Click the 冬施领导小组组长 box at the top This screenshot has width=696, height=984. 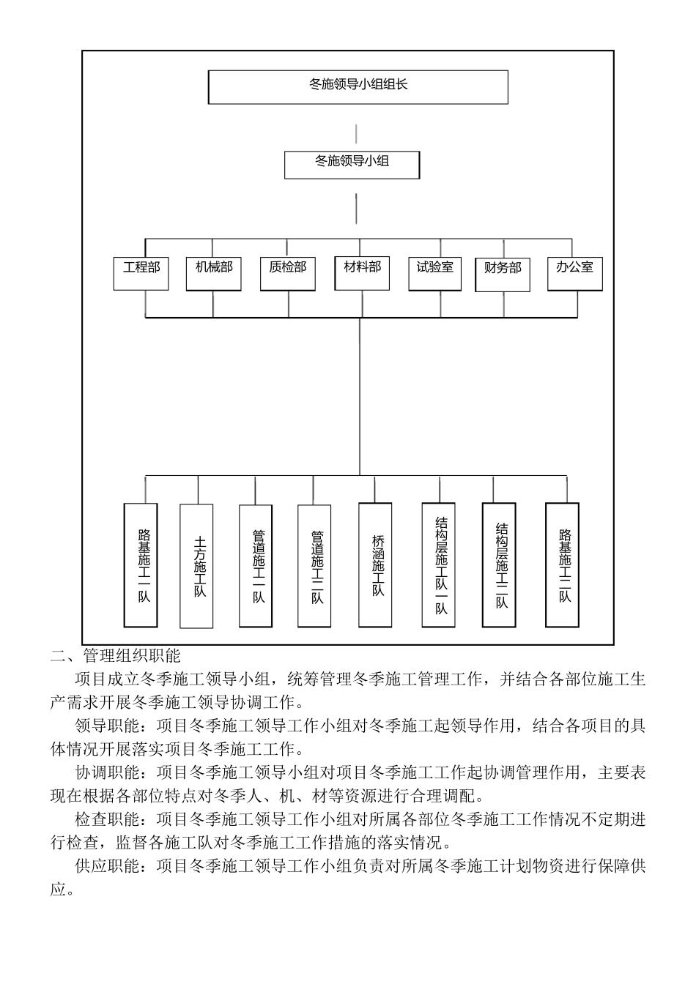tap(358, 86)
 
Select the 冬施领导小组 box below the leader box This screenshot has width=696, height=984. tap(352, 164)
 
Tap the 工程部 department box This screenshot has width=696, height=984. tap(141, 272)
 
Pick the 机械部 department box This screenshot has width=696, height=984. tap(213, 272)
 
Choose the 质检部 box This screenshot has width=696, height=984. tap(287, 272)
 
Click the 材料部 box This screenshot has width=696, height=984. tap(363, 272)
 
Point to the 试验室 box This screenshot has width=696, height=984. tap(435, 272)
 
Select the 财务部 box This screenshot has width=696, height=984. tap(503, 273)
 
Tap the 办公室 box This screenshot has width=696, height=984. tap(575, 272)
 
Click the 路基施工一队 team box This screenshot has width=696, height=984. tap(141, 564)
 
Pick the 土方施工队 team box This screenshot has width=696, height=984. tap(197, 565)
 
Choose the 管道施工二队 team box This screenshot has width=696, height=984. tap(315, 564)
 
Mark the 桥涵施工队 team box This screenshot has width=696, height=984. tap(376, 564)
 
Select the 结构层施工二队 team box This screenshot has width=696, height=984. tap(500, 564)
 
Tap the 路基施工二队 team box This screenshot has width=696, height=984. tap(563, 564)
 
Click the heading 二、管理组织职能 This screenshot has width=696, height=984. tap(116, 655)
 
